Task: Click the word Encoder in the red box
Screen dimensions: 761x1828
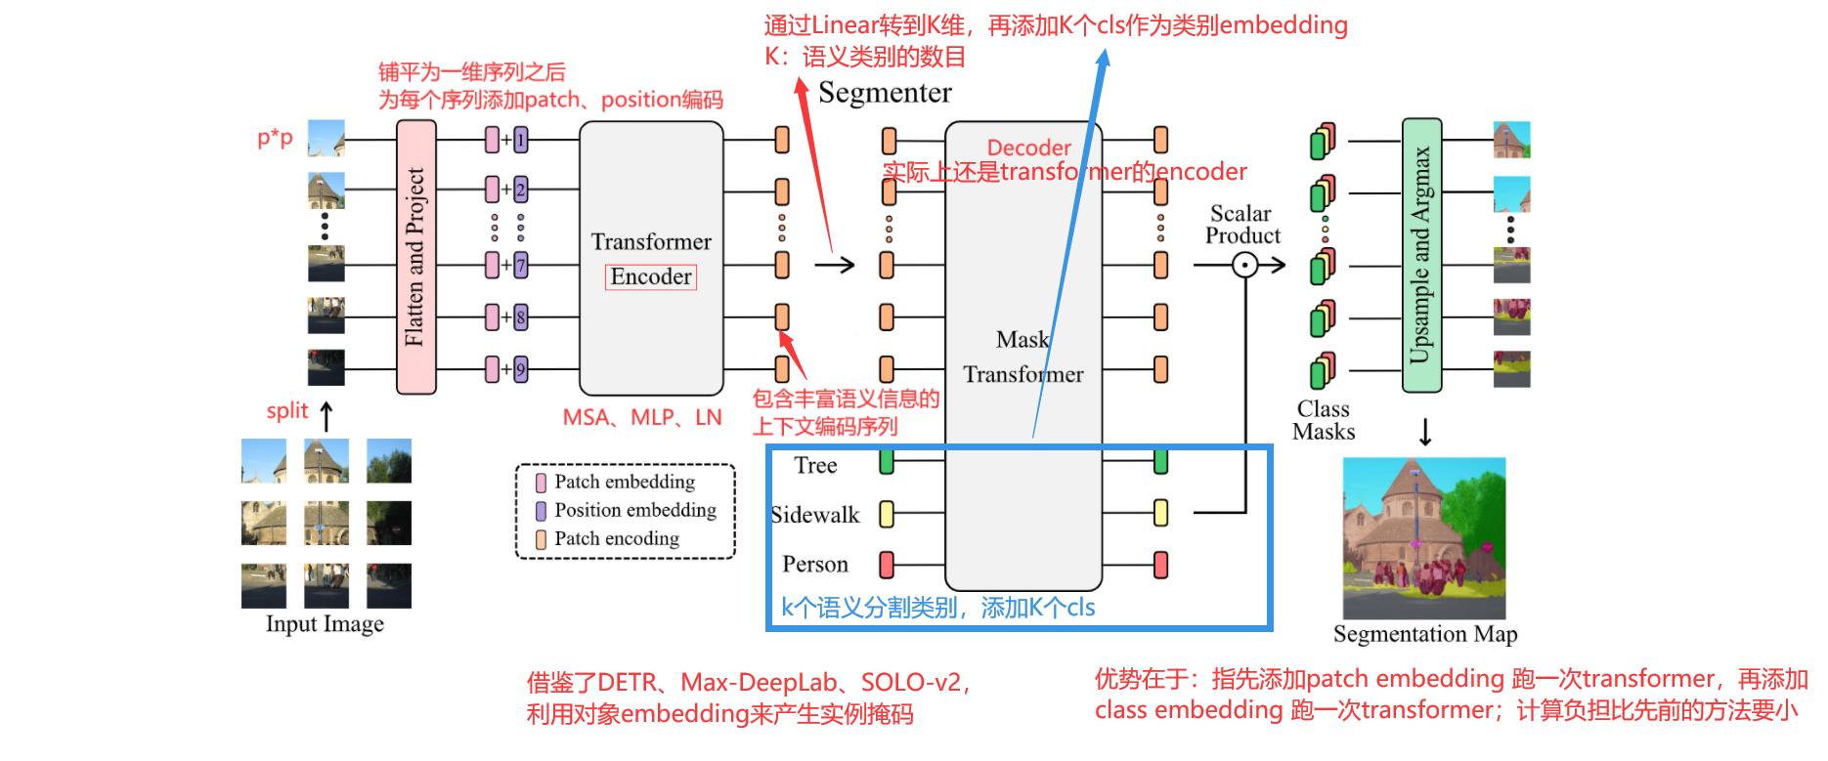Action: pyautogui.click(x=650, y=277)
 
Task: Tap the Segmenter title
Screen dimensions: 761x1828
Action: pyautogui.click(x=885, y=93)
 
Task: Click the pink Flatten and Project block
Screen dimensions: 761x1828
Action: pyautogui.click(x=415, y=257)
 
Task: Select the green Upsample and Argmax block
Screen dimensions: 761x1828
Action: pyautogui.click(x=1421, y=255)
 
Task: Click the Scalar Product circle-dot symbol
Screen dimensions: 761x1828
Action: pyautogui.click(x=1244, y=265)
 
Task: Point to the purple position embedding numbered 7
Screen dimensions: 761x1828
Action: pyautogui.click(x=521, y=265)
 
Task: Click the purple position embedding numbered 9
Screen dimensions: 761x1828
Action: pyautogui.click(x=521, y=369)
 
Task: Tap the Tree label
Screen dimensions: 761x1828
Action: pyautogui.click(x=815, y=465)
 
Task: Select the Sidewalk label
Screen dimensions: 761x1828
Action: pyautogui.click(x=814, y=515)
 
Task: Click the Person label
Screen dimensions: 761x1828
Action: pyautogui.click(x=814, y=565)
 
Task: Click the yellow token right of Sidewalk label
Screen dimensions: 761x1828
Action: pyautogui.click(x=887, y=514)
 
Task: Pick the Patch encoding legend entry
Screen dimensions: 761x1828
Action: pyautogui.click(x=616, y=538)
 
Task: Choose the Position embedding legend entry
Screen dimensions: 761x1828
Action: pyautogui.click(x=634, y=510)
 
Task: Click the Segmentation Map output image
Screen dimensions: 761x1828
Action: pyautogui.click(x=1423, y=538)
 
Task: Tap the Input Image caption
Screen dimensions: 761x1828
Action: pyautogui.click(x=325, y=624)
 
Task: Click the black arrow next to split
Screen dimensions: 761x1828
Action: pyautogui.click(x=326, y=415)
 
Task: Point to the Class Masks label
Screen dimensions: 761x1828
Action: pyautogui.click(x=1324, y=421)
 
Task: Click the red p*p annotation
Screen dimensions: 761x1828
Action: pyautogui.click(x=275, y=138)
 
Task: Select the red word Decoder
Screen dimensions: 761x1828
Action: pyautogui.click(x=1028, y=148)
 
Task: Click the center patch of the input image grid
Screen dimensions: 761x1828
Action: pyautogui.click(x=326, y=523)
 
